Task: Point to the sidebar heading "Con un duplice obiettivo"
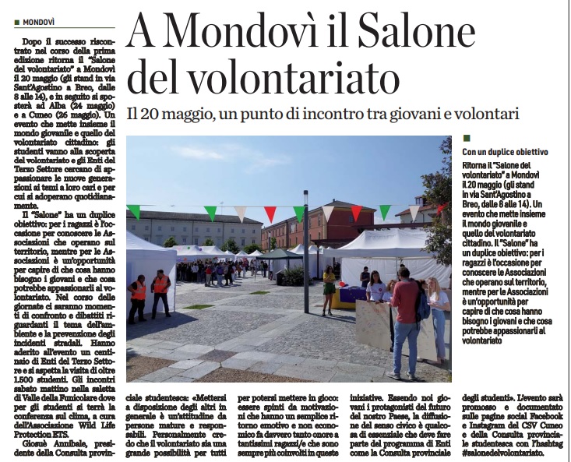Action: coord(505,153)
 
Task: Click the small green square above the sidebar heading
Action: coord(466,138)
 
